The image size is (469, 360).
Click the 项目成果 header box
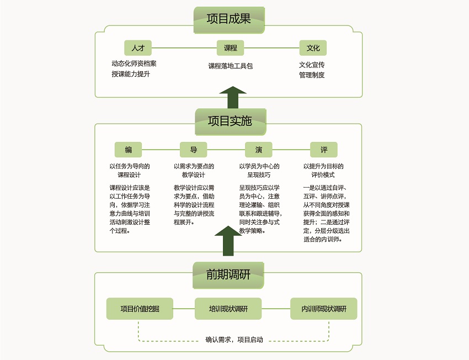click(x=229, y=20)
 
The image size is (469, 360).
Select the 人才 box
click(x=138, y=48)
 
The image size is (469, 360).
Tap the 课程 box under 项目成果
click(x=230, y=48)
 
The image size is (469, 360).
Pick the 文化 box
click(x=313, y=48)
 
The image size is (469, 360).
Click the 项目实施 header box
click(x=230, y=122)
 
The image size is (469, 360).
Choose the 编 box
click(x=129, y=150)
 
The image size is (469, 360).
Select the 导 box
click(x=194, y=150)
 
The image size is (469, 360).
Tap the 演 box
click(x=259, y=150)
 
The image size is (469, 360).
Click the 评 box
click(x=324, y=150)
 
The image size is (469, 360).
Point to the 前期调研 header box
click(x=228, y=276)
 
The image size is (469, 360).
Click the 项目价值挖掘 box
click(x=140, y=309)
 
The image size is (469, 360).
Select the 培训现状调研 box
click(x=228, y=309)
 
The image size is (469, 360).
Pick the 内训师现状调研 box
click(x=324, y=309)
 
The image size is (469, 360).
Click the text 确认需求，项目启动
click(x=234, y=340)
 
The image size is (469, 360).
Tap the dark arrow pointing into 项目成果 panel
click(x=233, y=97)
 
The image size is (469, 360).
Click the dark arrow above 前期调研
click(x=228, y=241)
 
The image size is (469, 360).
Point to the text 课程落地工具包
click(x=230, y=66)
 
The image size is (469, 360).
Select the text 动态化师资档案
click(x=134, y=63)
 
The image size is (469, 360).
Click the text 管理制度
click(x=312, y=75)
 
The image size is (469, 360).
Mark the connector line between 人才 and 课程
click(x=184, y=48)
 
